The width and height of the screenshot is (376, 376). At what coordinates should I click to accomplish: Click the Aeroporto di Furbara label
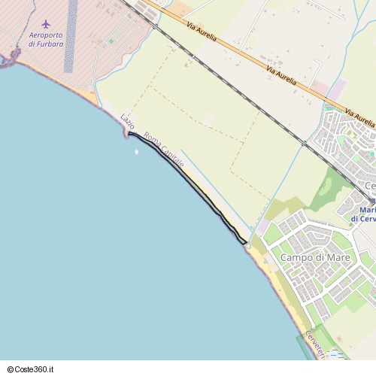(46, 39)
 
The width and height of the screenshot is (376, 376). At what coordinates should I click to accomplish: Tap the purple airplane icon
(47, 25)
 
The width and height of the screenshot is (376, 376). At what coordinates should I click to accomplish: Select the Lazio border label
(128, 122)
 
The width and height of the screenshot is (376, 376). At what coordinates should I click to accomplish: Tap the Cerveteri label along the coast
(315, 344)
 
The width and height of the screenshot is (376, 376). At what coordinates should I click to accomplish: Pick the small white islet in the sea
(136, 152)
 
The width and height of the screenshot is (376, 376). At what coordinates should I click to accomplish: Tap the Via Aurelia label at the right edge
(359, 117)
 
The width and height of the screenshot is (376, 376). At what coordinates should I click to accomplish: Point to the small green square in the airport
(111, 41)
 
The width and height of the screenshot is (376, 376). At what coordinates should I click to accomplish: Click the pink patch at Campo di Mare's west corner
(262, 226)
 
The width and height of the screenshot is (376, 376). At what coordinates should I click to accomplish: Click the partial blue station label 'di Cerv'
(364, 219)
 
